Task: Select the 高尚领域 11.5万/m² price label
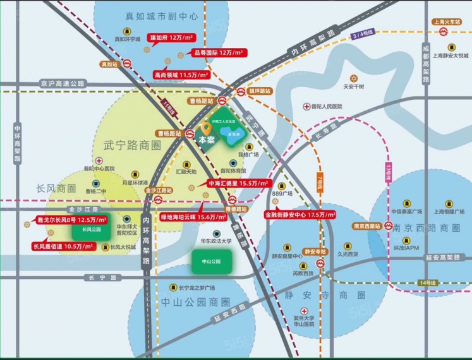click(x=181, y=75)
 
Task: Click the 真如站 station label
click(x=109, y=64)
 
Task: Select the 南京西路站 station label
click(x=366, y=225)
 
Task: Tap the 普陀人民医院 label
click(x=326, y=107)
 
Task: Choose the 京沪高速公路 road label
click(x=62, y=83)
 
